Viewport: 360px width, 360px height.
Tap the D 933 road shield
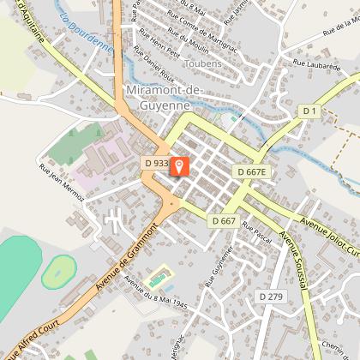click(x=155, y=161)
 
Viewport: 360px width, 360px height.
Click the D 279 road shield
click(x=270, y=273)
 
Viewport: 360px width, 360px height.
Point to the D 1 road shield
click(x=309, y=111)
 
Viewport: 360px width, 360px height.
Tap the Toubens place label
click(x=202, y=63)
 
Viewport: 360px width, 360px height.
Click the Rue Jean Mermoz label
click(x=62, y=183)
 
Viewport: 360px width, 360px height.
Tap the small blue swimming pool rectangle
click(x=157, y=279)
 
